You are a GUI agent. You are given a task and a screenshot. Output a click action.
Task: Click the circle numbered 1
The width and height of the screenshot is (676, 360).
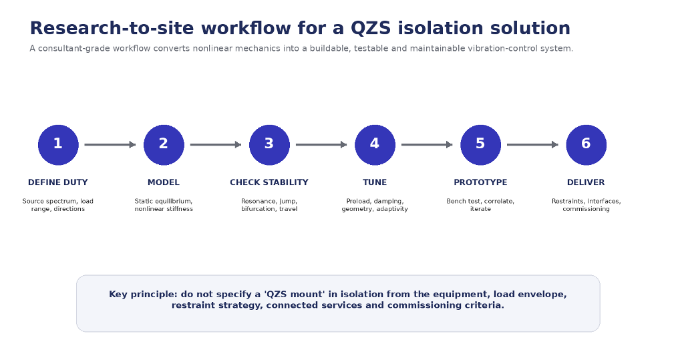click(x=58, y=145)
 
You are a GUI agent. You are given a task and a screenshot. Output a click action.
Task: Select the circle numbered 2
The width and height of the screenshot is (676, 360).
click(x=164, y=145)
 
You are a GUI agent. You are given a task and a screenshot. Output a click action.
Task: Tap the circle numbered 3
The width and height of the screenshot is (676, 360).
click(x=269, y=145)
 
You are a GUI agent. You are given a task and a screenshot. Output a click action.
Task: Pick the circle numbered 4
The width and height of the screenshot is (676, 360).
click(x=375, y=145)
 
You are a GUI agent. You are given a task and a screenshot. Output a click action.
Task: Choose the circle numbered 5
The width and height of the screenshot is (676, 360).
click(x=481, y=145)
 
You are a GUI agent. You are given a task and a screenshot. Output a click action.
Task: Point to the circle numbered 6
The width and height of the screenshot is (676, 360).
click(x=586, y=145)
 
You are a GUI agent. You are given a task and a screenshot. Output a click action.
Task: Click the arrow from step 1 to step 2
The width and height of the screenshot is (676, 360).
click(x=110, y=145)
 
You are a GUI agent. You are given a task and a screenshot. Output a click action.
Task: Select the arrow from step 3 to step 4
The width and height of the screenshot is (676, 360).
click(x=321, y=145)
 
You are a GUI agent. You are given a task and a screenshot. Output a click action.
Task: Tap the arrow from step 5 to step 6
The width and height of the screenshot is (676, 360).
click(x=533, y=145)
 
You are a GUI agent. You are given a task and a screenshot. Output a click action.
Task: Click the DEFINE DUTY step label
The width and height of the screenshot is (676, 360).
click(x=57, y=182)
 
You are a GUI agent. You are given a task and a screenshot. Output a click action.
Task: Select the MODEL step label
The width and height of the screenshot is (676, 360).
click(x=164, y=182)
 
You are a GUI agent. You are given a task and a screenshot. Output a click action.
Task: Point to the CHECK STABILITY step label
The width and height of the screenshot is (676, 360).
click(x=269, y=182)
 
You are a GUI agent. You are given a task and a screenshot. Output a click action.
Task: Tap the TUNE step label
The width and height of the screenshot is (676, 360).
click(x=375, y=182)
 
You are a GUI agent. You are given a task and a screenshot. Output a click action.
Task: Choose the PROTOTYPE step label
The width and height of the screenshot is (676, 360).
click(x=480, y=182)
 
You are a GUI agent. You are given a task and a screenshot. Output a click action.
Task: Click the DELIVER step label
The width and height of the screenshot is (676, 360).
click(x=586, y=182)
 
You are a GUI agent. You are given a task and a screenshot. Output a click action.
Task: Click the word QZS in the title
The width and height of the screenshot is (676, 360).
click(x=371, y=29)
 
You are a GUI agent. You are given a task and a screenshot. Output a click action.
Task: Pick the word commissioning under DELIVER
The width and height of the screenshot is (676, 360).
click(x=586, y=209)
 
